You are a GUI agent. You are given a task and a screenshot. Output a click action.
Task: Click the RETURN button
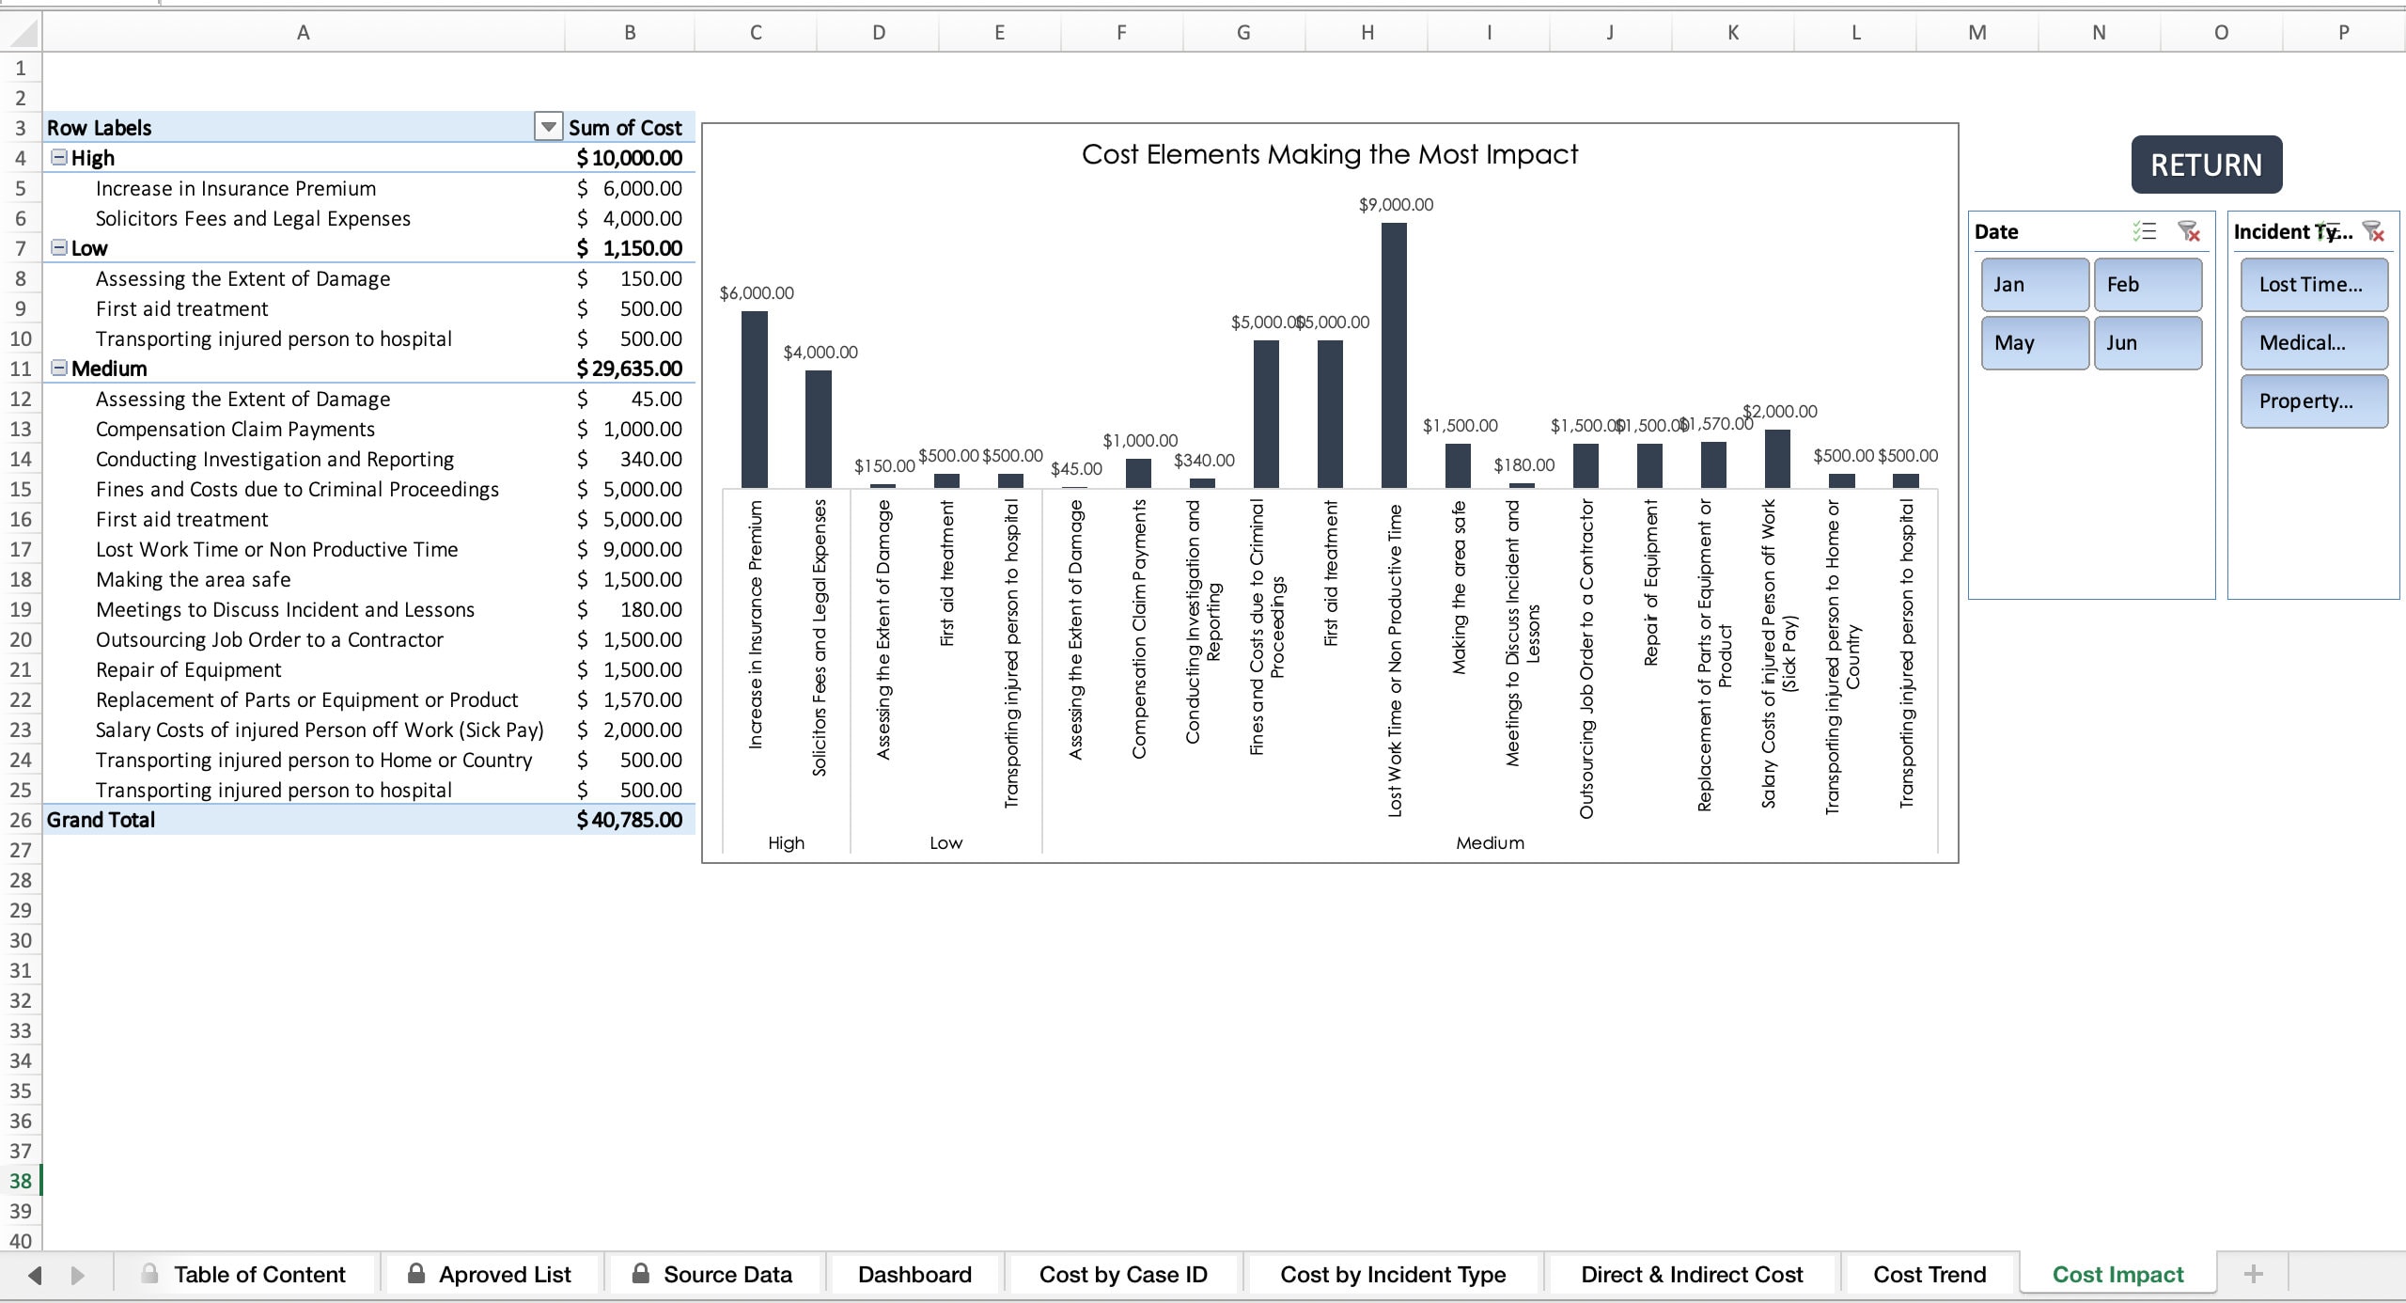click(x=2206, y=165)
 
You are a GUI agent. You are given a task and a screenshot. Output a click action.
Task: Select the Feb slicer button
click(x=2148, y=284)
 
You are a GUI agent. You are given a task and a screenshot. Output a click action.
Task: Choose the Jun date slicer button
click(x=2148, y=342)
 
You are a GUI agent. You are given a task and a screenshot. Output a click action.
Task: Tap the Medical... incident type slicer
click(x=2313, y=342)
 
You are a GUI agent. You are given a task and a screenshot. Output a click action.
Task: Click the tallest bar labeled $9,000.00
click(x=1394, y=357)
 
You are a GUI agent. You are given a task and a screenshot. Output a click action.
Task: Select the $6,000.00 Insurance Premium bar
click(x=754, y=400)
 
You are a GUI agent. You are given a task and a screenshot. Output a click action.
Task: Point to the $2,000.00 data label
click(x=1780, y=411)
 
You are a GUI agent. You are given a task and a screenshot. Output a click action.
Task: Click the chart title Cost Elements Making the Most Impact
click(x=1329, y=154)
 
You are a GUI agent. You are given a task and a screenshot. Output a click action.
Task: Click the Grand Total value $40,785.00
click(x=630, y=820)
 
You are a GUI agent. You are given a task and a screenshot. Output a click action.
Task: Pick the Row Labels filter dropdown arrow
click(x=548, y=127)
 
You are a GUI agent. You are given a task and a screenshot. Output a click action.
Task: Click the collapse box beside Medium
click(x=59, y=368)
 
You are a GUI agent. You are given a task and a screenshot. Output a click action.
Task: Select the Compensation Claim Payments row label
click(x=235, y=429)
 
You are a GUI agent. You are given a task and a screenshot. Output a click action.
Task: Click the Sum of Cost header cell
click(x=626, y=127)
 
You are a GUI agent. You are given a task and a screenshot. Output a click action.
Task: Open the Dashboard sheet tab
click(x=914, y=1275)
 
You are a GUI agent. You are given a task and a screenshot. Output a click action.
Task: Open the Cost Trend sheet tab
click(x=1929, y=1275)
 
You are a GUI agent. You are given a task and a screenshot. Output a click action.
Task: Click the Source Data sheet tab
click(x=726, y=1275)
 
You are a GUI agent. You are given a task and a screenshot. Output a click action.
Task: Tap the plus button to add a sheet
click(x=2253, y=1275)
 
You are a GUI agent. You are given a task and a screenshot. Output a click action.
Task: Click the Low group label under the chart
click(x=945, y=842)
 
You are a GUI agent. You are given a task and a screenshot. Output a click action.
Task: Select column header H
click(x=1367, y=33)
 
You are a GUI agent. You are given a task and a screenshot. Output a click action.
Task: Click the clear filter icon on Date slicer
click(x=2189, y=231)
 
